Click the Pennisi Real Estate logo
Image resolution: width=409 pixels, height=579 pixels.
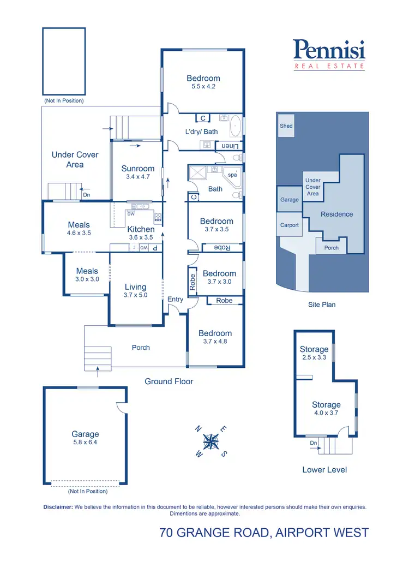point(329,55)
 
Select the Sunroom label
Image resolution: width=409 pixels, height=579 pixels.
point(138,169)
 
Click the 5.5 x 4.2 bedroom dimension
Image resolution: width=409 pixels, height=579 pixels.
point(203,86)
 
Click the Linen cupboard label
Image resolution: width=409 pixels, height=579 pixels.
point(226,146)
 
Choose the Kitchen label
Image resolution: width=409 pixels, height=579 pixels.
point(141,229)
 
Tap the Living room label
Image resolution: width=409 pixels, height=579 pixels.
point(135,286)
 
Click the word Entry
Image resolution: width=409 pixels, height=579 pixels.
point(176,299)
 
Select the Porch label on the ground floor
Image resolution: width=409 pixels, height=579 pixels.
point(141,348)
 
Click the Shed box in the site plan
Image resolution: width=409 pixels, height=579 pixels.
point(286,126)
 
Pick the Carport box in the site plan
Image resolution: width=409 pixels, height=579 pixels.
point(290,225)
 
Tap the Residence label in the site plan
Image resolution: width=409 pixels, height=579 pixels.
point(336,214)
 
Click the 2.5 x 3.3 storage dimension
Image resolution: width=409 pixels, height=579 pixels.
point(314,358)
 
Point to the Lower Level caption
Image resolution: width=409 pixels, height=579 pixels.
point(324,470)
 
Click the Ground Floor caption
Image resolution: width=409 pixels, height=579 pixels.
point(169,381)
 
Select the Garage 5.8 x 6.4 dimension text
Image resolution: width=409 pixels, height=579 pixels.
point(85,443)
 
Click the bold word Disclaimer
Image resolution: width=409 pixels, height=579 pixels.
point(58,507)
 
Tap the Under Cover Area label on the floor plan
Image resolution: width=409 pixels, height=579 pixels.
point(75,159)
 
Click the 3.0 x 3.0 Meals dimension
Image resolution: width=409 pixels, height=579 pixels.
point(87,279)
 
